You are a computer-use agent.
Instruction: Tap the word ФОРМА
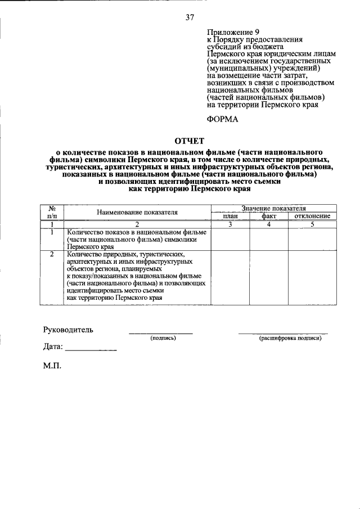[x=223, y=119]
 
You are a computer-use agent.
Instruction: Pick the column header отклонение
[x=312, y=216]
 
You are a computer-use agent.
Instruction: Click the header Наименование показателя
[x=137, y=212]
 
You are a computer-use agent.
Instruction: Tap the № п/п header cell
[x=52, y=212]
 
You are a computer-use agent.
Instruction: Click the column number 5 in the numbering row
[x=312, y=224]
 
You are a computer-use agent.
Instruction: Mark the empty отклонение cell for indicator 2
[x=312, y=277]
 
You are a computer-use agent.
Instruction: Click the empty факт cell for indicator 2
[x=269, y=277]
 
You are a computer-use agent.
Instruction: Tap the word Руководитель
[x=69, y=330]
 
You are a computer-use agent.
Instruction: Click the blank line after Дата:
[x=91, y=350]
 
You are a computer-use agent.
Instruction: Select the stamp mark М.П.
[x=52, y=366]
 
